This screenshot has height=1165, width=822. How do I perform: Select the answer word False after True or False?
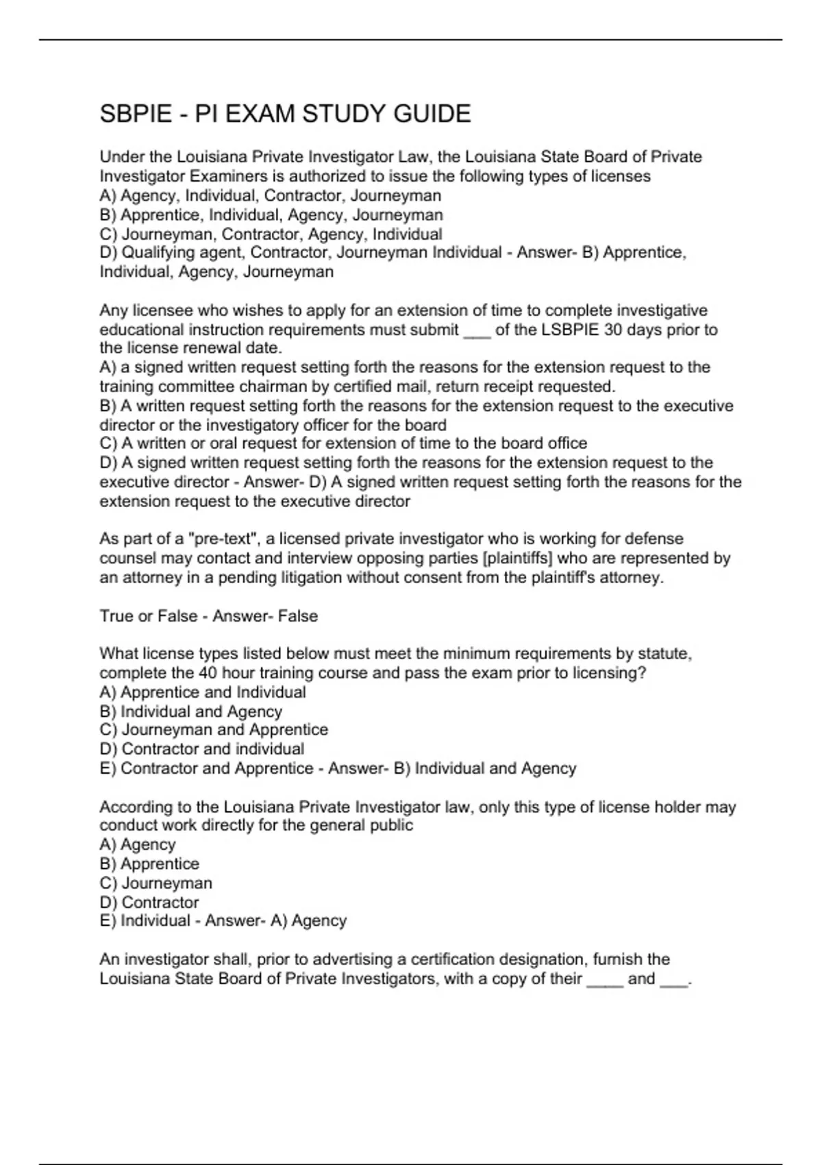point(298,616)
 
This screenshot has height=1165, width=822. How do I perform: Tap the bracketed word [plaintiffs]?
point(518,559)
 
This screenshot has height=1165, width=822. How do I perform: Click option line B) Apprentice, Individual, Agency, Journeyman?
point(271,215)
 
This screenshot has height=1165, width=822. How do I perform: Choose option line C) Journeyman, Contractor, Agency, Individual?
point(271,234)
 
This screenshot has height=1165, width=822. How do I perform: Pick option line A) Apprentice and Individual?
point(203,692)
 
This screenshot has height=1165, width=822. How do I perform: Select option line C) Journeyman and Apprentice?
point(214,730)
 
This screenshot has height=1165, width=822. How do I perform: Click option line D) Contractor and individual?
point(202,749)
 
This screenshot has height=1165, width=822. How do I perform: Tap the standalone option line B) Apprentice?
point(149,863)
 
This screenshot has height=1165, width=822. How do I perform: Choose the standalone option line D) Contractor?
point(149,902)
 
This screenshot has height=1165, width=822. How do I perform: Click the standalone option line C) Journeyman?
point(156,883)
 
